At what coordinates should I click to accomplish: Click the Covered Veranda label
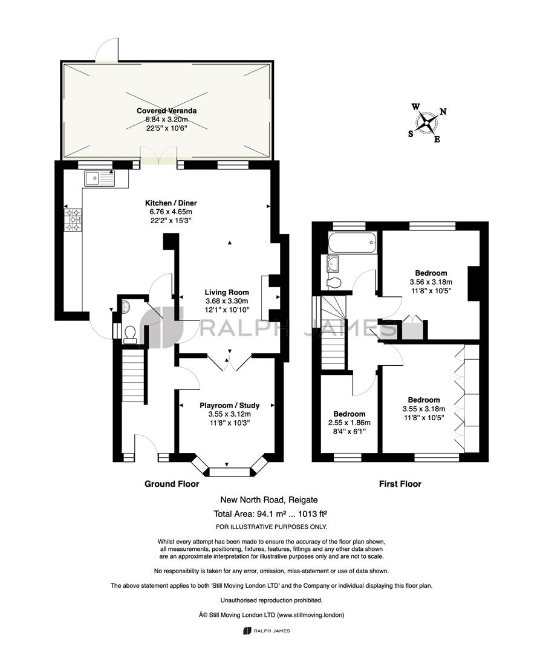[x=166, y=111]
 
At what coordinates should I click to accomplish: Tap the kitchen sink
[x=99, y=178]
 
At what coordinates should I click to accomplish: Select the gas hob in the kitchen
[x=73, y=220]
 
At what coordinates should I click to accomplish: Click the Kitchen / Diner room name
[x=171, y=203]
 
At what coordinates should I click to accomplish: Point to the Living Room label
[x=227, y=293]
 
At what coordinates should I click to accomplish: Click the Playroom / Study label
[x=229, y=405]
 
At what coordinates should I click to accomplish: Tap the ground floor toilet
[x=130, y=334]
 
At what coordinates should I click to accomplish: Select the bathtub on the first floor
[x=353, y=242]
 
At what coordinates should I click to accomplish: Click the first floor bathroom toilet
[x=334, y=283]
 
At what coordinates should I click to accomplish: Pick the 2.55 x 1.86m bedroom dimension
[x=350, y=423]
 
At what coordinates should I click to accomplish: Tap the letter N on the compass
[x=443, y=112]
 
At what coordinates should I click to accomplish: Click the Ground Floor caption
[x=172, y=484]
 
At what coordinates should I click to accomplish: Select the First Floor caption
[x=400, y=484]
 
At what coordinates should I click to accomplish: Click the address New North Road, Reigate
[x=269, y=500]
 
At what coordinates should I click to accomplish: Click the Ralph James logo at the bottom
[x=266, y=631]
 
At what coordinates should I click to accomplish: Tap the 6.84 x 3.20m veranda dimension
[x=166, y=120]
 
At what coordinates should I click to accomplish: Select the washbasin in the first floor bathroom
[x=333, y=263]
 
